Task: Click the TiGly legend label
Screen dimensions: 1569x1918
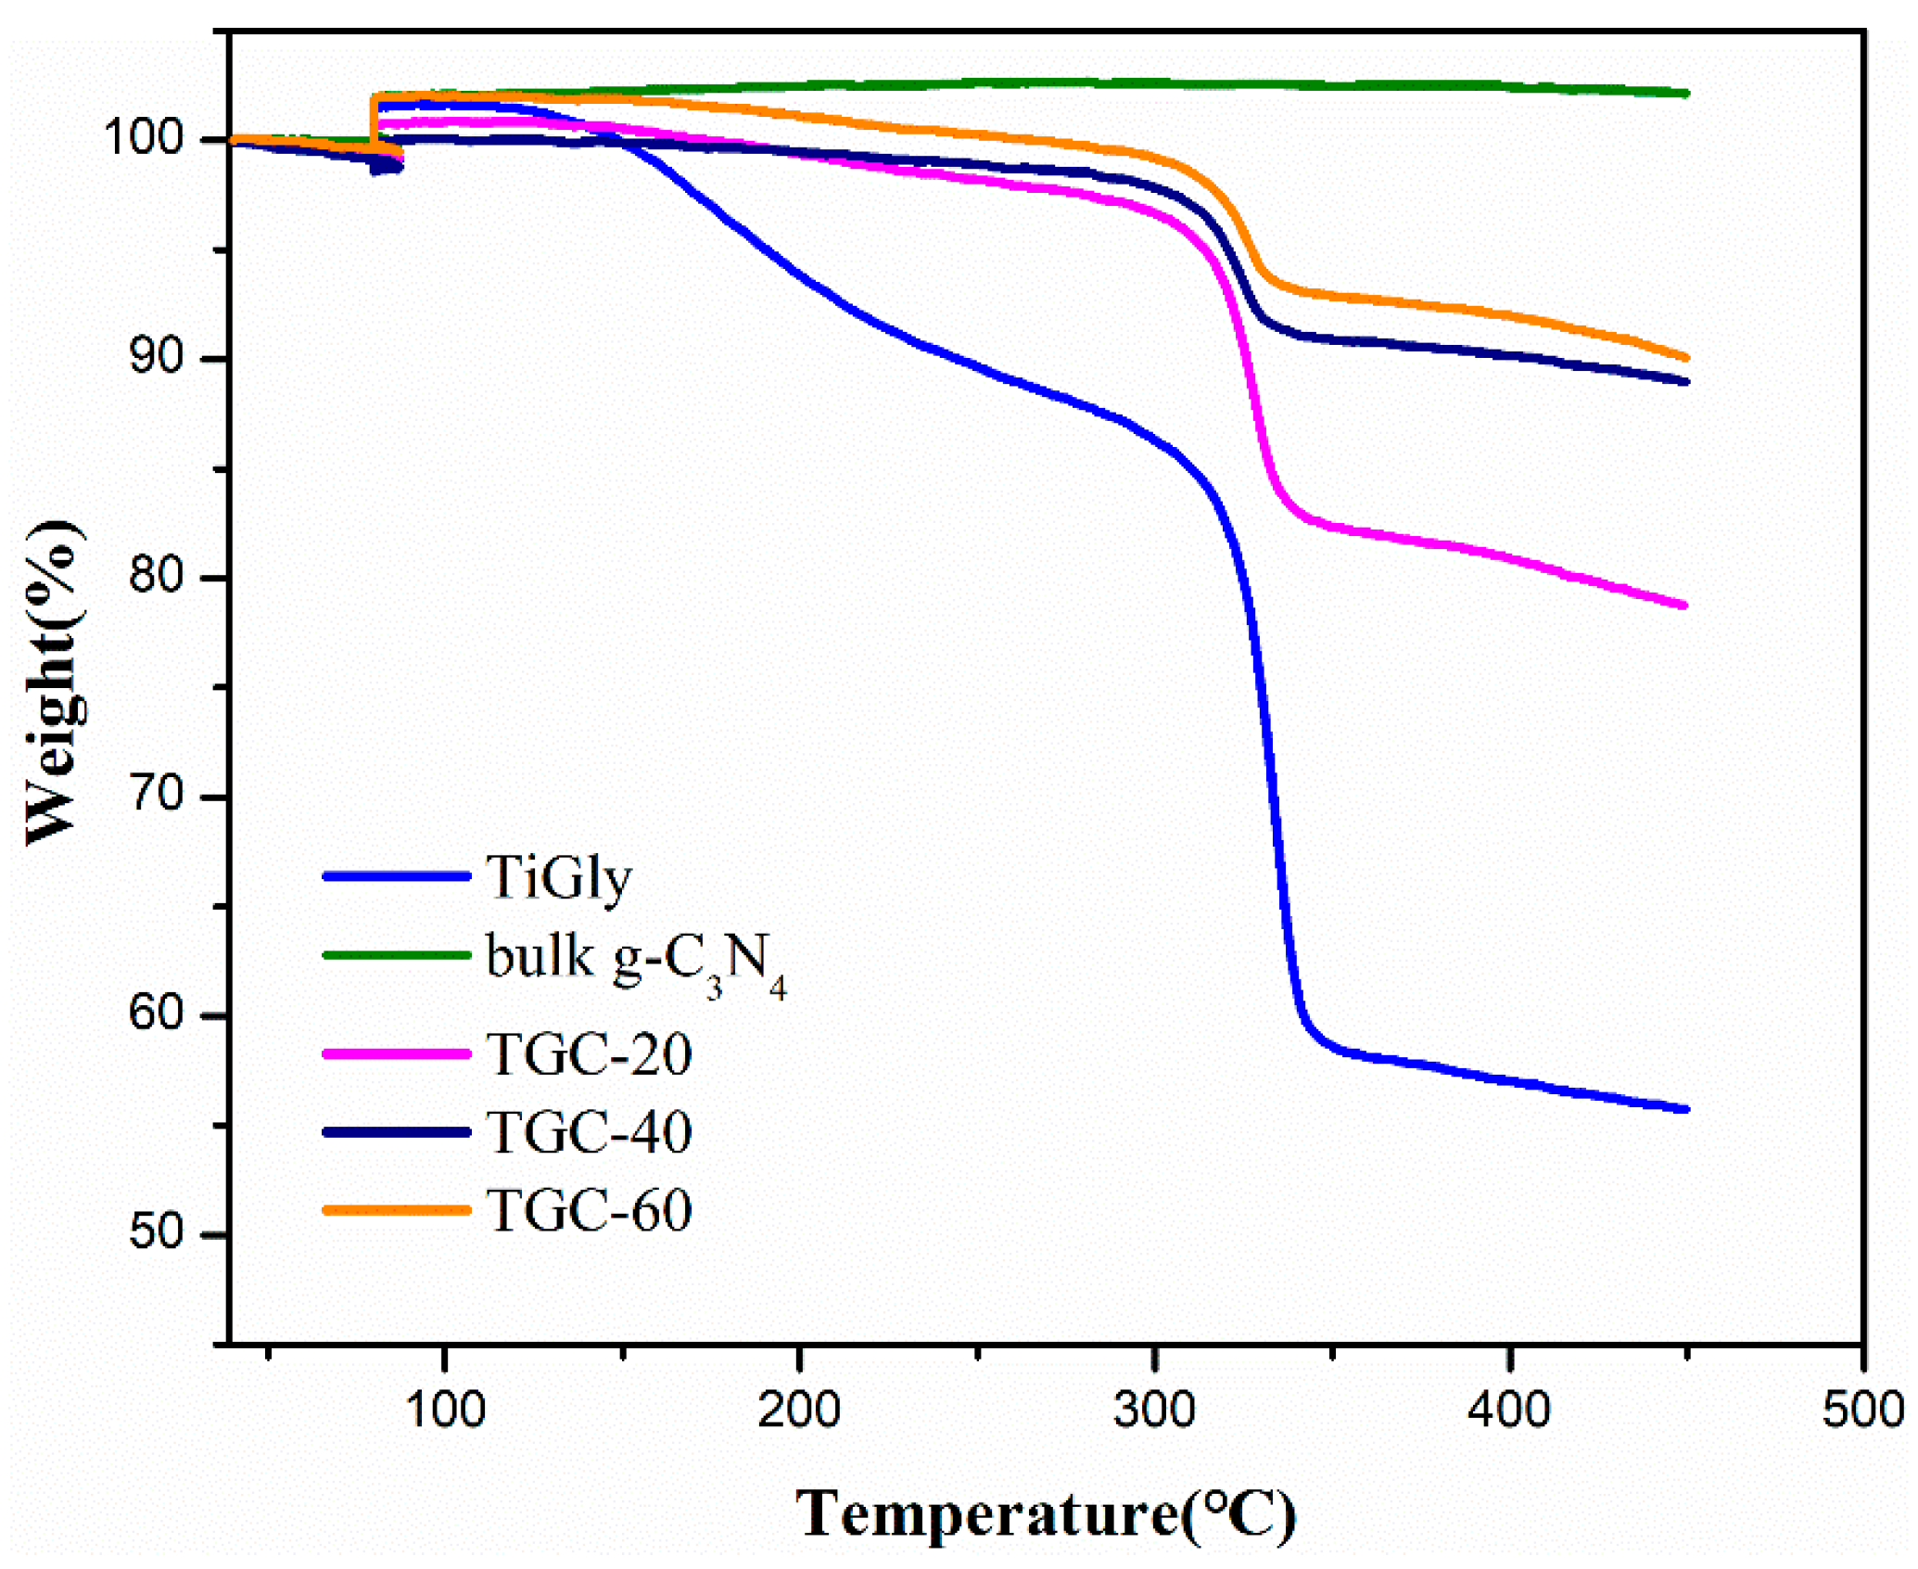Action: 558,878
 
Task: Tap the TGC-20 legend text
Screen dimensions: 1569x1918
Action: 589,1054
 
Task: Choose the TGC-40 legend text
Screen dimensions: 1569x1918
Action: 589,1132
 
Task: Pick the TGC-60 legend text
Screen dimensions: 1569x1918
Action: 589,1210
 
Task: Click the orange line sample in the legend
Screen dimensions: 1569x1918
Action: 397,1210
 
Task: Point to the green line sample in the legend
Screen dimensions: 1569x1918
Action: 397,954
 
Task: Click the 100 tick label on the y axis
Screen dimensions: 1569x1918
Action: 144,138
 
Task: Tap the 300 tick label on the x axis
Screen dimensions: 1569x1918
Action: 1154,1410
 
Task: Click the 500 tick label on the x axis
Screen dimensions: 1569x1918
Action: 1863,1410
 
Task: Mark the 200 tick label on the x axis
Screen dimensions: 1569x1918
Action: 799,1410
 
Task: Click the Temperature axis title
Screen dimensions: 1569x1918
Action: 1046,1515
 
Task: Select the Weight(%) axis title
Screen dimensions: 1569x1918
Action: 54,684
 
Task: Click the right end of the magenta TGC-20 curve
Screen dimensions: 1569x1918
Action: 1684,606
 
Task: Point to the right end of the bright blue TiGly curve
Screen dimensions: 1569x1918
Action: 1685,1109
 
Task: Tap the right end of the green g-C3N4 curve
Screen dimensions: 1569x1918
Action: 1685,94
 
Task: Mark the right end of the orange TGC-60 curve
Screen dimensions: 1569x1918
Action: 1685,358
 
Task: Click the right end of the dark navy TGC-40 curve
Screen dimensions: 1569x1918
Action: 1685,381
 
